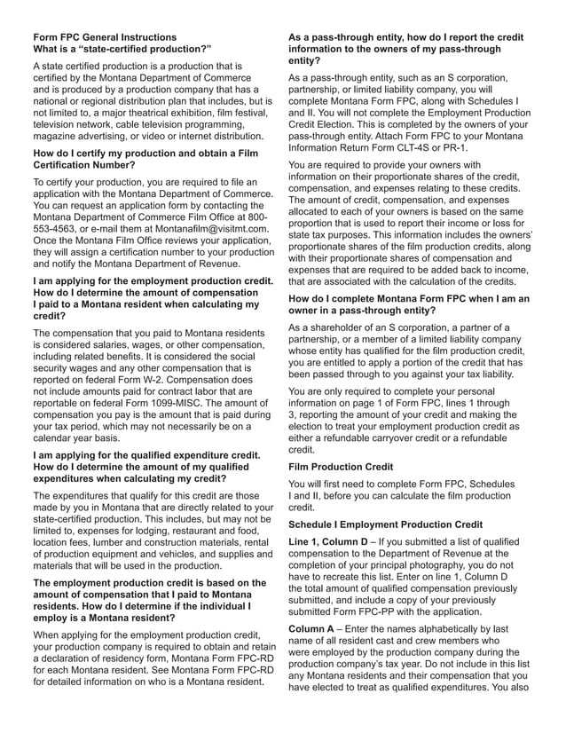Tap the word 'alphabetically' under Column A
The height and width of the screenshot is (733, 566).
tap(466, 628)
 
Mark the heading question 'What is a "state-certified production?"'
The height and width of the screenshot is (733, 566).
tap(122, 49)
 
